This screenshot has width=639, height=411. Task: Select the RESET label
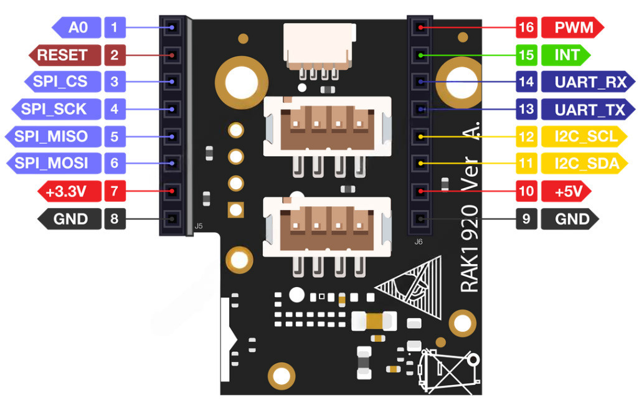62,55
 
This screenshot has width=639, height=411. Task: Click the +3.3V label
67,191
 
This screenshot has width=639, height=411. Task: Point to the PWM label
570,27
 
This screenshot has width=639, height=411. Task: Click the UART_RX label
585,82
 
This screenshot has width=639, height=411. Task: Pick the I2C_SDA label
585,164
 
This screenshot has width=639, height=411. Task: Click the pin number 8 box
114,219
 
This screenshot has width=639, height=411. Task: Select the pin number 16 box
526,27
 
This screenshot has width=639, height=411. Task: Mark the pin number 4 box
114,109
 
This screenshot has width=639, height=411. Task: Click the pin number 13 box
526,110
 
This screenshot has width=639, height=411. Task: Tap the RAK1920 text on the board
470,249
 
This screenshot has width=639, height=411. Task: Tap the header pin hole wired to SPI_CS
171,82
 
